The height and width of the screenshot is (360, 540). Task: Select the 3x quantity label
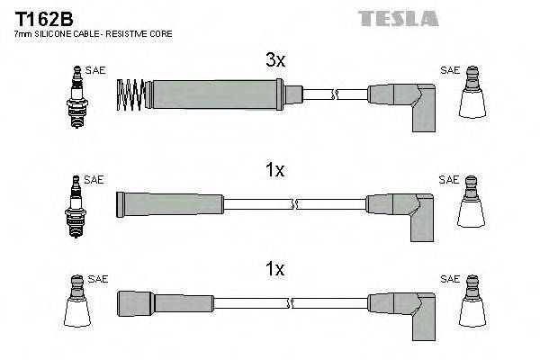point(274,61)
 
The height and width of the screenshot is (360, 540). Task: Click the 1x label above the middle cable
point(274,170)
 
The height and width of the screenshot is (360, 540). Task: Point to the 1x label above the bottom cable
point(274,268)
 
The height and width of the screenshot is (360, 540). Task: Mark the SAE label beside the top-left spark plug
point(94,69)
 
